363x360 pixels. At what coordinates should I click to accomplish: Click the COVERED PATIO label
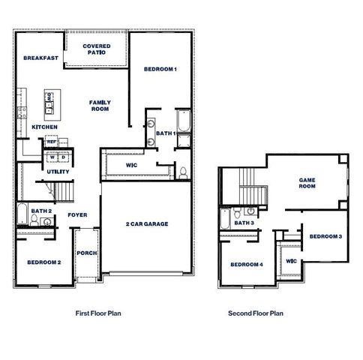97,49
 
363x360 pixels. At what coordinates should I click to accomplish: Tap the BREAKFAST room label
40,58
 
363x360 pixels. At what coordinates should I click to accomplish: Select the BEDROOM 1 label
160,69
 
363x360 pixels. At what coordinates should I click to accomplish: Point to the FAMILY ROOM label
99,106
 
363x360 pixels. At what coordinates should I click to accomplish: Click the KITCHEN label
44,127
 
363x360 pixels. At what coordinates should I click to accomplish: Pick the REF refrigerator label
52,141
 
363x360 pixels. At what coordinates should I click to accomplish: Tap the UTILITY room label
58,172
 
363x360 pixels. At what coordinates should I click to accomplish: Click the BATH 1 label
166,133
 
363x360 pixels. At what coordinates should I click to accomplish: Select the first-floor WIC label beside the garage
131,163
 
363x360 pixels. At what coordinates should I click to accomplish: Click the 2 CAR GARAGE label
146,223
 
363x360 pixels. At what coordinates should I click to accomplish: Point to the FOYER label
78,214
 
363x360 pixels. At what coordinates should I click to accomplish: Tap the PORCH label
87,253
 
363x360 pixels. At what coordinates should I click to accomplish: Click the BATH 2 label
41,211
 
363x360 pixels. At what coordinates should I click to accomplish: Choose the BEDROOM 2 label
44,262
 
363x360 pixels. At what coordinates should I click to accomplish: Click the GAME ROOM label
308,184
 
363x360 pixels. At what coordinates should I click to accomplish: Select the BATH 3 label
244,223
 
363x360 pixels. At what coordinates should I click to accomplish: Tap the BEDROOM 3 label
325,236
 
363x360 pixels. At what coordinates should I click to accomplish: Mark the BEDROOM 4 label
247,265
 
